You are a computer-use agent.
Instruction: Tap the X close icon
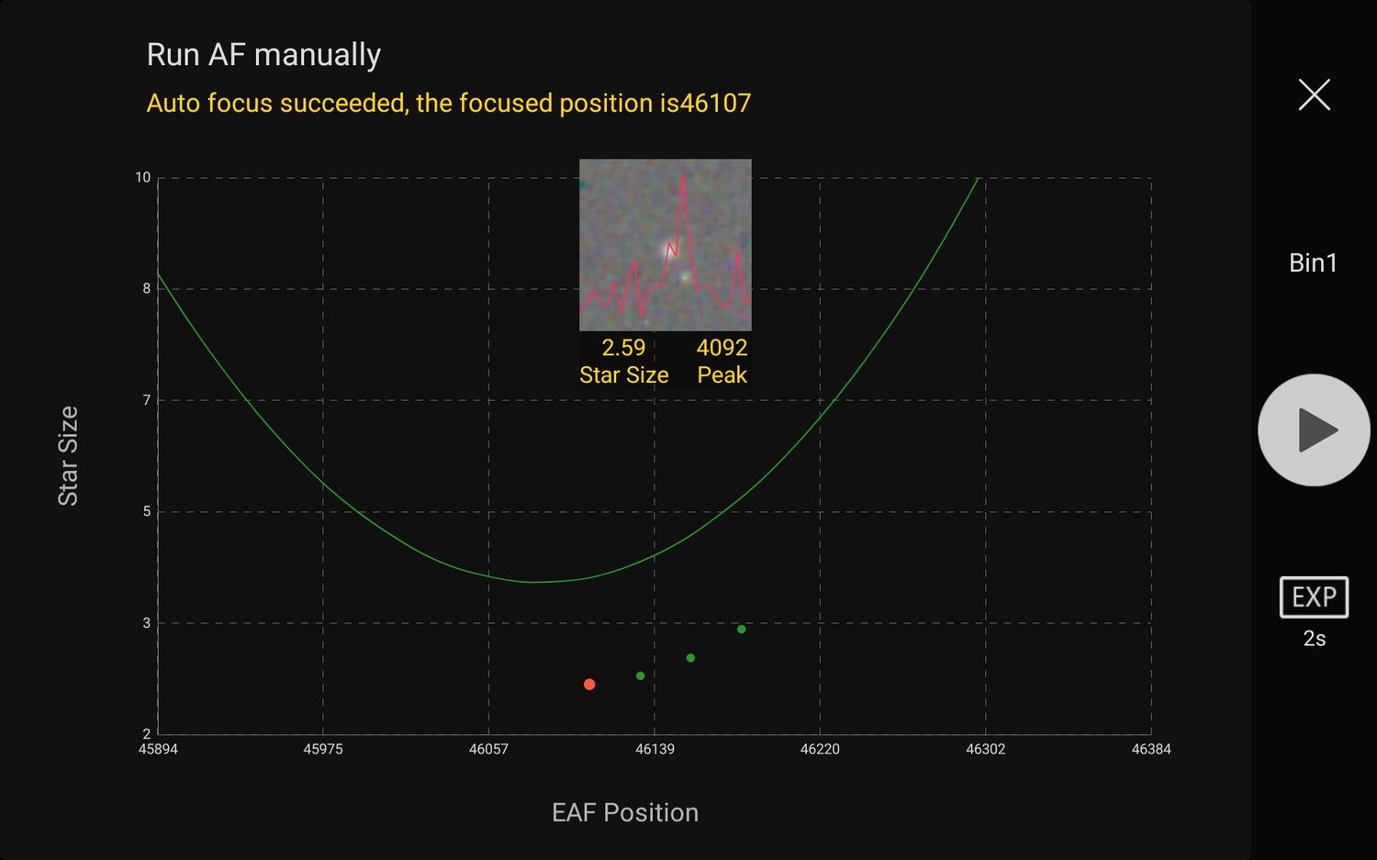[x=1314, y=95]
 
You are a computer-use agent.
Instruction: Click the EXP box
[x=1314, y=598]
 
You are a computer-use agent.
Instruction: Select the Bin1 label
[x=1313, y=262]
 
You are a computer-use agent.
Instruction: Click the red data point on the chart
[x=589, y=685]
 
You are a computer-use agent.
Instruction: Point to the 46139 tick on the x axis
[x=655, y=749]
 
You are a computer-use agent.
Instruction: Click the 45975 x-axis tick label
[x=323, y=749]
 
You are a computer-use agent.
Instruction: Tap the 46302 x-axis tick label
[x=985, y=749]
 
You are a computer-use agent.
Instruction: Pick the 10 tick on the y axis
[x=142, y=177]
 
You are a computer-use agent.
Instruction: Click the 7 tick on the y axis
[x=146, y=400]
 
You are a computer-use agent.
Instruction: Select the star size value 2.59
[x=623, y=348]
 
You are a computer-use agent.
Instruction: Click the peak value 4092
[x=722, y=348]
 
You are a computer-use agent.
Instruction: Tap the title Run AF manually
[x=263, y=55]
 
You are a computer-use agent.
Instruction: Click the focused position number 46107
[x=711, y=103]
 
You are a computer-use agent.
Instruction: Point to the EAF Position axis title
[x=625, y=812]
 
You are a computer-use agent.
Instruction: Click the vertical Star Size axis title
[x=68, y=455]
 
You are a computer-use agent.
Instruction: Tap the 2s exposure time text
[x=1314, y=639]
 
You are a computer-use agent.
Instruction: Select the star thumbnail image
[x=665, y=244]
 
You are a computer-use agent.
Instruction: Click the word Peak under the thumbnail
[x=722, y=374]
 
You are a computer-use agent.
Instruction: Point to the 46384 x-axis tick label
[x=1151, y=749]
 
